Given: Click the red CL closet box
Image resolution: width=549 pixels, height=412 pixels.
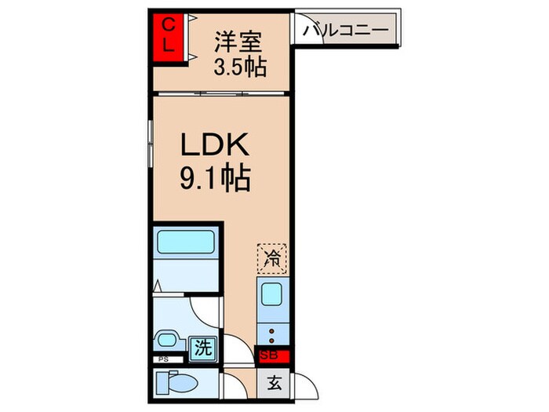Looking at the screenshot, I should (x=168, y=35).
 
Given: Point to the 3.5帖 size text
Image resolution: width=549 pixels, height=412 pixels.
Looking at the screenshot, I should (x=240, y=67).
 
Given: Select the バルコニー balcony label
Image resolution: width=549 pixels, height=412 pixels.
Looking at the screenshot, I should (x=345, y=31).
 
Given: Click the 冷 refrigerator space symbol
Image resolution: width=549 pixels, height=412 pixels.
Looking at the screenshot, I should (x=272, y=257).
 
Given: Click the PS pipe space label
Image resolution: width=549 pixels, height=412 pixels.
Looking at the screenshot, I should (x=162, y=359).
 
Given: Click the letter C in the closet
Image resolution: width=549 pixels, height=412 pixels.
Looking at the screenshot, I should (x=167, y=26).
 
